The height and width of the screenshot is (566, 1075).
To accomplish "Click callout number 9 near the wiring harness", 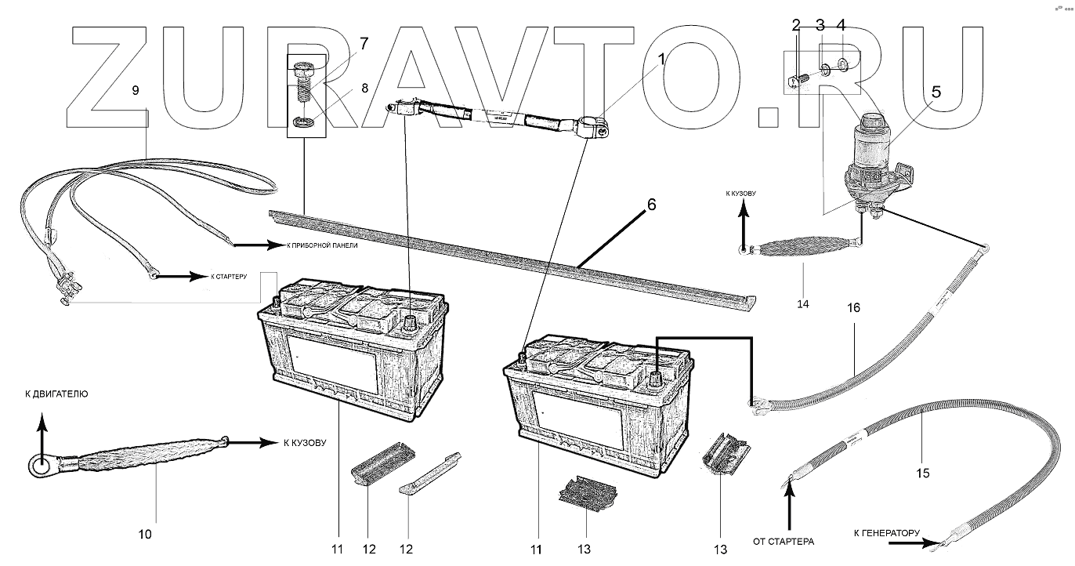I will (136, 90).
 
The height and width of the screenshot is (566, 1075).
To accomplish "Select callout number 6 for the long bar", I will (650, 205).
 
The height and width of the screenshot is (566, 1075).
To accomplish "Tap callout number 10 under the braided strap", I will (145, 535).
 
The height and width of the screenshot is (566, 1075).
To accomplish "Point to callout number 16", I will (853, 308).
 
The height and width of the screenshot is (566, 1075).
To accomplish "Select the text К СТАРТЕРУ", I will (230, 277).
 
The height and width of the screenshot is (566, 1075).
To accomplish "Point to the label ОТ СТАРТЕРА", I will (784, 541).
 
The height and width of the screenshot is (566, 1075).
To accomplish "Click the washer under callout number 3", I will (825, 71).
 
